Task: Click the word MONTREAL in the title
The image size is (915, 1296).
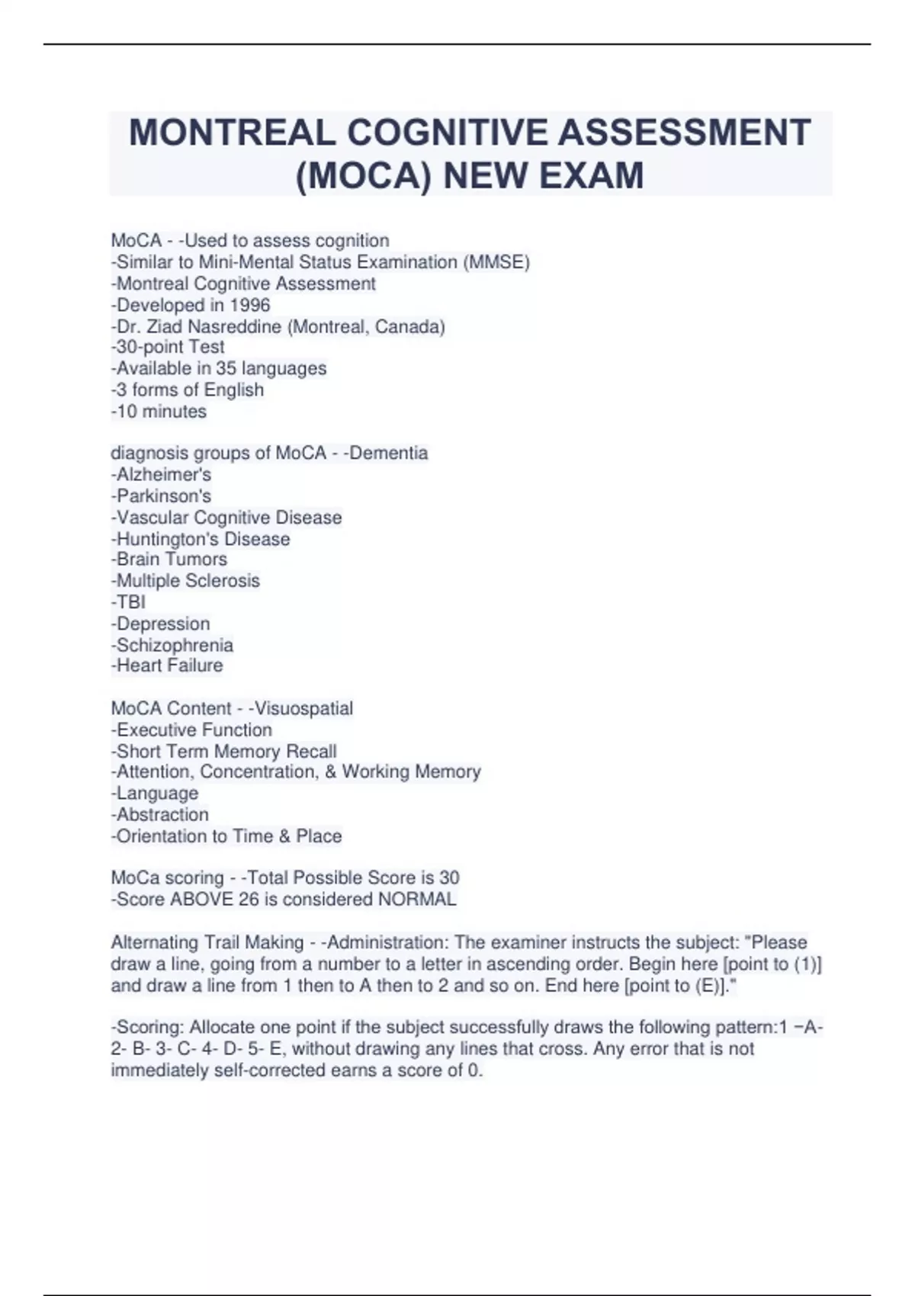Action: coord(233,133)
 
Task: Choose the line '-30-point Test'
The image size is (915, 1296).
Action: coord(168,347)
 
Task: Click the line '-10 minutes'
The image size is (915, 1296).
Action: coord(159,412)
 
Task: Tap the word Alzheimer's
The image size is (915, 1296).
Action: coord(164,474)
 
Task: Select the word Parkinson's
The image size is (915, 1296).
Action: coord(164,496)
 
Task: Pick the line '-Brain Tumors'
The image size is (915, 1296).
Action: coord(169,559)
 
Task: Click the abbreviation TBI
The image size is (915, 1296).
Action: coord(131,602)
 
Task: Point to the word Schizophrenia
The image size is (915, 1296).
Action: coord(175,645)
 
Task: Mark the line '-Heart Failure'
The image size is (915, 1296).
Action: coord(167,666)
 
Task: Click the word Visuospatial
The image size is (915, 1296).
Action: coord(303,708)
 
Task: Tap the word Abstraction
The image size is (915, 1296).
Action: coord(162,814)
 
